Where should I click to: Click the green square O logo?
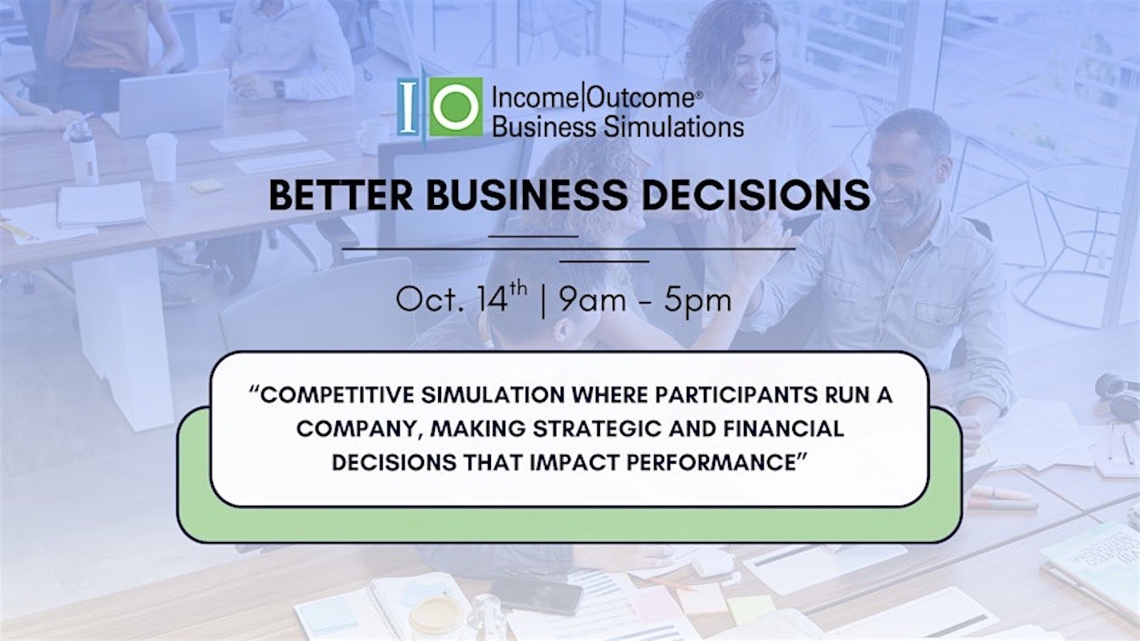(x=455, y=107)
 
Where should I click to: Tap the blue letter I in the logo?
(x=408, y=107)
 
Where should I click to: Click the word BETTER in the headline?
(x=341, y=195)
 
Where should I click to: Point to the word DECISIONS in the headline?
(x=756, y=195)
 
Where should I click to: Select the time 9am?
(x=592, y=300)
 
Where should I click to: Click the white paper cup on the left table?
(x=162, y=157)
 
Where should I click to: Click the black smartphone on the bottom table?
(x=537, y=594)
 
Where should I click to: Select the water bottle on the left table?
(x=83, y=152)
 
